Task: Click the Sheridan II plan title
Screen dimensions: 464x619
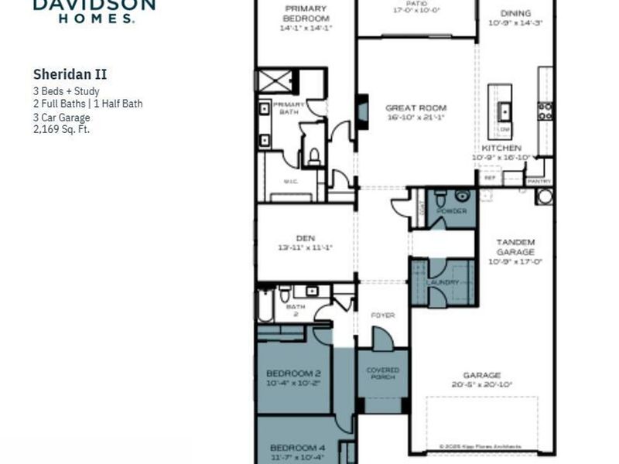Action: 70,75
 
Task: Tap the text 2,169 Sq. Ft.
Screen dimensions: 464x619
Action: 61,129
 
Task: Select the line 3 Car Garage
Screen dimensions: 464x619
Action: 61,118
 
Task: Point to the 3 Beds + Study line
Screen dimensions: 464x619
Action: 66,91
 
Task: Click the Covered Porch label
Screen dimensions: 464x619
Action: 382,374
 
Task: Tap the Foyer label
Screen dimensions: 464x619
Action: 382,316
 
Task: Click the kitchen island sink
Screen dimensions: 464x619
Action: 504,109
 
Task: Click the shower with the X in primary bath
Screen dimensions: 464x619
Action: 275,80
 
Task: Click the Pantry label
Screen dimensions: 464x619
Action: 539,181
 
